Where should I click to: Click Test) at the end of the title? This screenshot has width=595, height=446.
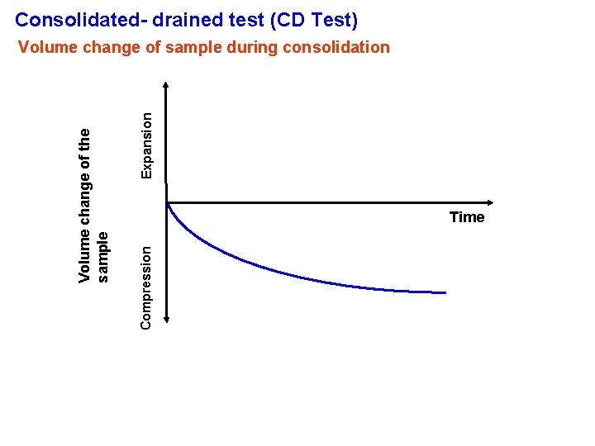pyautogui.click(x=333, y=19)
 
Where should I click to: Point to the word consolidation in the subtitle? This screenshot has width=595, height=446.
pyautogui.click(x=336, y=47)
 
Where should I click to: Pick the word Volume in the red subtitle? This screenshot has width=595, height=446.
pyautogui.click(x=48, y=47)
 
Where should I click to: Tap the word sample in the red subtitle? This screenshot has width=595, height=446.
pyautogui.click(x=193, y=47)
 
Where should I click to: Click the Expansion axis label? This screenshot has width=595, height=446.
pyautogui.click(x=146, y=145)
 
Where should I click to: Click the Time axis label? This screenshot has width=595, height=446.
pyautogui.click(x=467, y=217)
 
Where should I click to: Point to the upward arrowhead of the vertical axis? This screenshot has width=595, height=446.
pyautogui.click(x=167, y=85)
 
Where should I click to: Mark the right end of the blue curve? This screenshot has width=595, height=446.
pyautogui.click(x=445, y=292)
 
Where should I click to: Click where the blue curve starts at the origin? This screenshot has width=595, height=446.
pyautogui.click(x=168, y=204)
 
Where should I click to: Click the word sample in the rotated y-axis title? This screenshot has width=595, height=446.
pyautogui.click(x=102, y=257)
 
